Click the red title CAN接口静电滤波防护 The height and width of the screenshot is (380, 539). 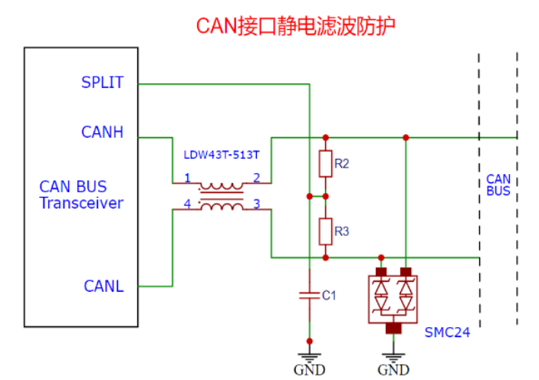click(x=296, y=26)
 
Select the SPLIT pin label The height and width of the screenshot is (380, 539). click(x=102, y=83)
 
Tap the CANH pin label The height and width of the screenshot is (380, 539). click(x=102, y=132)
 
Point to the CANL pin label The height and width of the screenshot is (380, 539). click(x=104, y=287)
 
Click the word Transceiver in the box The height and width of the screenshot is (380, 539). click(x=81, y=203)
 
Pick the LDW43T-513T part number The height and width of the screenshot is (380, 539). click(x=222, y=155)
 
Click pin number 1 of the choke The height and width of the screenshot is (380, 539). click(x=187, y=178)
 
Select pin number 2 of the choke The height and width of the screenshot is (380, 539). click(x=256, y=178)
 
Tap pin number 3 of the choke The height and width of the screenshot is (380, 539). click(x=256, y=204)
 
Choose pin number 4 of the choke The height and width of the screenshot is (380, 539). click(x=187, y=204)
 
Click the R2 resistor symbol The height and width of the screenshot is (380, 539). click(x=325, y=163)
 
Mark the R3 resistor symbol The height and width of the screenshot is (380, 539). click(x=325, y=231)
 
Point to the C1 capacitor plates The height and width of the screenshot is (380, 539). click(x=310, y=296)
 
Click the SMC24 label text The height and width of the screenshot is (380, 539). click(x=447, y=332)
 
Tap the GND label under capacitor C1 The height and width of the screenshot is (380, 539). click(x=310, y=370)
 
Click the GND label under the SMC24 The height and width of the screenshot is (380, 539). click(x=393, y=370)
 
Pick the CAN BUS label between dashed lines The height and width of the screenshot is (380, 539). click(x=498, y=185)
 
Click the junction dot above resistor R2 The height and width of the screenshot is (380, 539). click(x=326, y=137)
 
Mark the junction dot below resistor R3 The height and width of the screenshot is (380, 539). click(x=326, y=257)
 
